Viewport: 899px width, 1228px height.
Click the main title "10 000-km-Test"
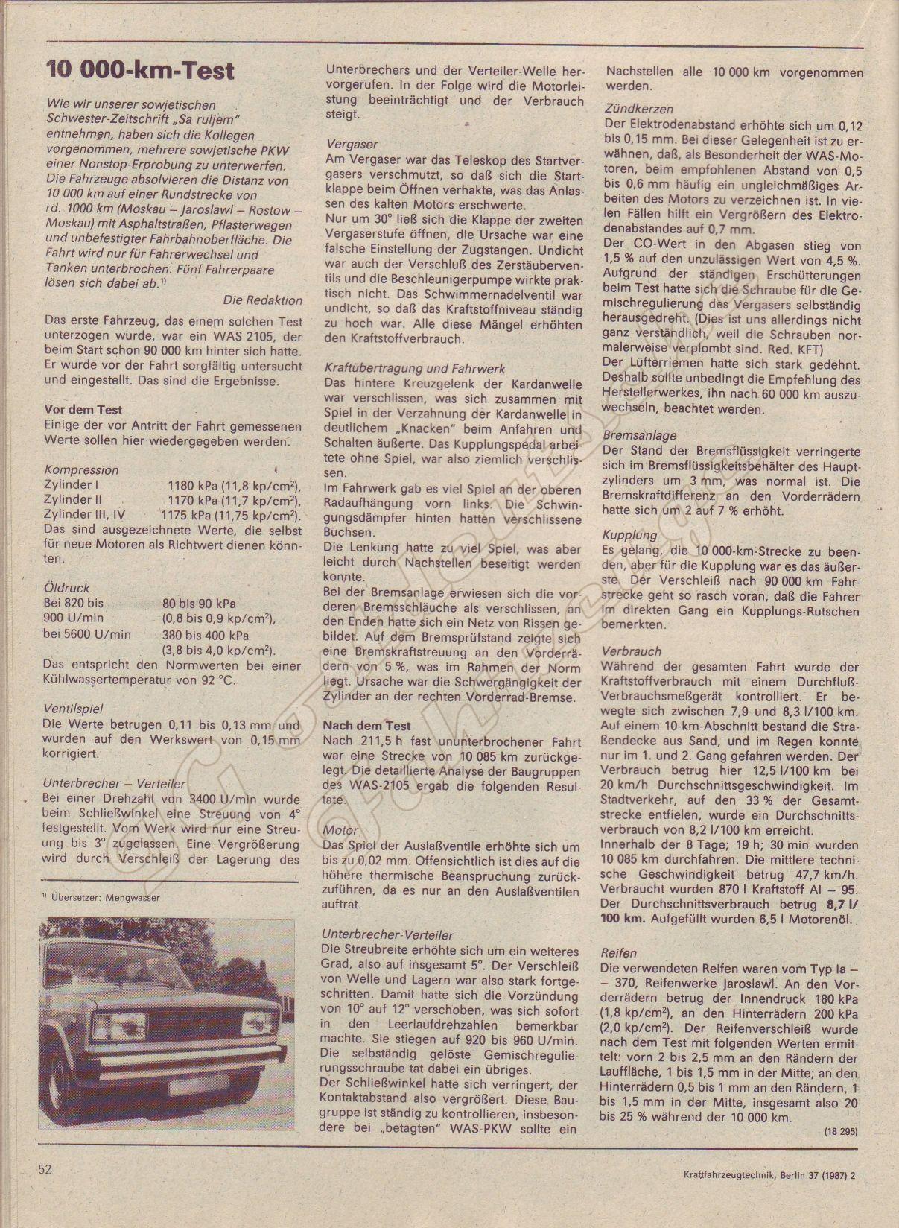coord(140,71)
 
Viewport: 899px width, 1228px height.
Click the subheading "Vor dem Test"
coord(83,410)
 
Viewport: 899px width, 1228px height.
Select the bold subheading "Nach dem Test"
coord(367,726)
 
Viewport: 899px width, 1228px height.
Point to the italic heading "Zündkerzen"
coord(640,108)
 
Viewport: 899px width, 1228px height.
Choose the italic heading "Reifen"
coord(619,952)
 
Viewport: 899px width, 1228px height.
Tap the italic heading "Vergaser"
coord(352,144)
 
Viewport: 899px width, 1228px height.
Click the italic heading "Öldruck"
coord(66,588)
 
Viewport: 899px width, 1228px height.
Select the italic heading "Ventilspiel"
coord(73,709)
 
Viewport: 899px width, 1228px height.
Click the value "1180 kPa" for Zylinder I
coord(192,485)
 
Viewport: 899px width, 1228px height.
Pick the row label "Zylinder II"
coord(73,499)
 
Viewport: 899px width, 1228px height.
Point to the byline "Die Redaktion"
coord(262,300)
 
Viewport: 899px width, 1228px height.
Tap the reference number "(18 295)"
coord(841,1131)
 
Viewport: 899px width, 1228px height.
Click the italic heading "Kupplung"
coord(630,535)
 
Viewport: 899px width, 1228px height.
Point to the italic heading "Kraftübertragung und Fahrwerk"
coord(416,368)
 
